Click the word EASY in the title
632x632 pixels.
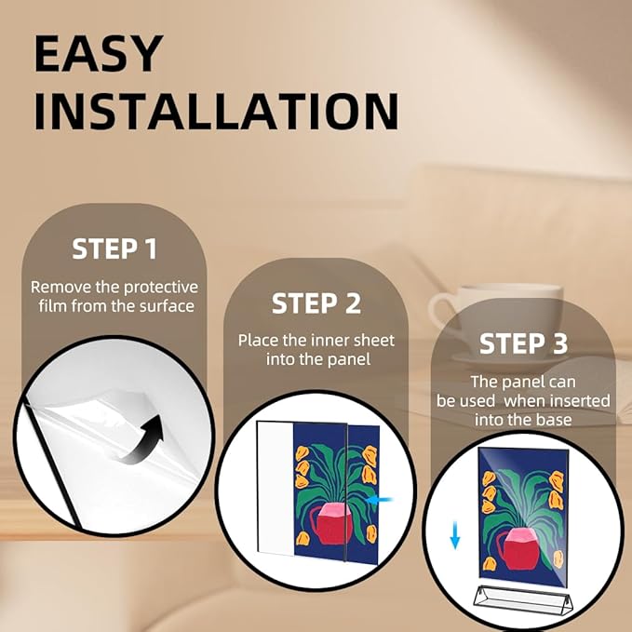(x=99, y=54)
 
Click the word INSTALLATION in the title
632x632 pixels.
(x=217, y=112)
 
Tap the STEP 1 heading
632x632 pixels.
(x=114, y=249)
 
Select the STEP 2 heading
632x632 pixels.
(x=316, y=303)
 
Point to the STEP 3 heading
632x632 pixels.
(x=523, y=343)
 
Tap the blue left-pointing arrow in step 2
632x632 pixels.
(x=380, y=500)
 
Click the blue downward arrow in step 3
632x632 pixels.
(x=455, y=535)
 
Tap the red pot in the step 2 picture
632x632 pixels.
(x=331, y=523)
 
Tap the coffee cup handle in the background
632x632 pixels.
(x=442, y=313)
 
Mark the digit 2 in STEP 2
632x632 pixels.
(x=353, y=303)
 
